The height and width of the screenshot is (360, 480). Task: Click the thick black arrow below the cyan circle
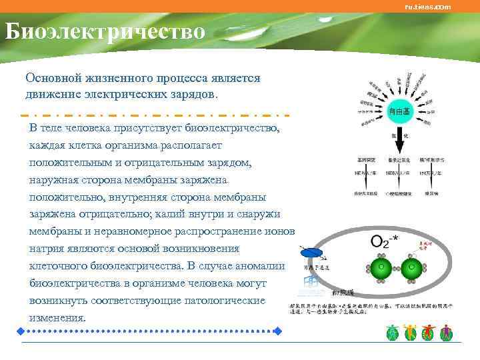402,140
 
